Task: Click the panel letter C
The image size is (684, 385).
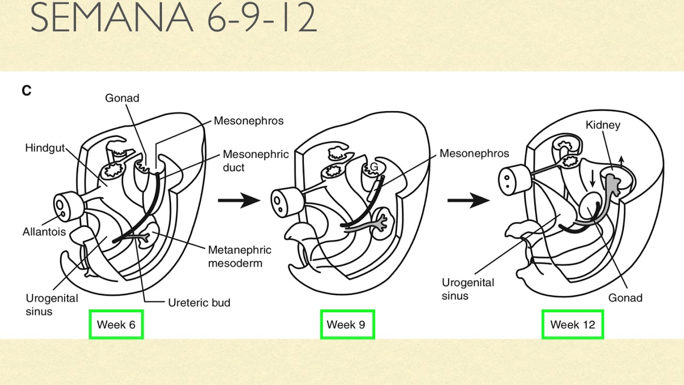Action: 27,91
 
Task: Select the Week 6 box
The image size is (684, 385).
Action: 116,324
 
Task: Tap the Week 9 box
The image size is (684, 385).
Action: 347,324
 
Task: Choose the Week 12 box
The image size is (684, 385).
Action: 572,324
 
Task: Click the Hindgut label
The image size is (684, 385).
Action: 45,148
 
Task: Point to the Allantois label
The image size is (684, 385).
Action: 44,232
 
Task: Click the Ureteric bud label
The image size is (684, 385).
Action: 199,303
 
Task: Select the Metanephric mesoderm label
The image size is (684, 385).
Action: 239,256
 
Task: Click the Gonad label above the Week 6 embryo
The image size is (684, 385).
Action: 122,98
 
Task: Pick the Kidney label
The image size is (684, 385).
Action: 603,125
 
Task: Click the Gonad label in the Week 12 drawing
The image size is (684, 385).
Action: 625,298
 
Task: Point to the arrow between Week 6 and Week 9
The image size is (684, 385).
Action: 238,201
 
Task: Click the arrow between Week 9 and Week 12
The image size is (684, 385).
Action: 468,201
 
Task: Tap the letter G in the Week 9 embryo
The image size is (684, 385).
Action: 374,167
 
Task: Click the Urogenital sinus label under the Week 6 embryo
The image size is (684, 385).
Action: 52,305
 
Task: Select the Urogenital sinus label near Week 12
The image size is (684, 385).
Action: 468,289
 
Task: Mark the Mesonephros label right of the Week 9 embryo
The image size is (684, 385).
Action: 474,153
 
